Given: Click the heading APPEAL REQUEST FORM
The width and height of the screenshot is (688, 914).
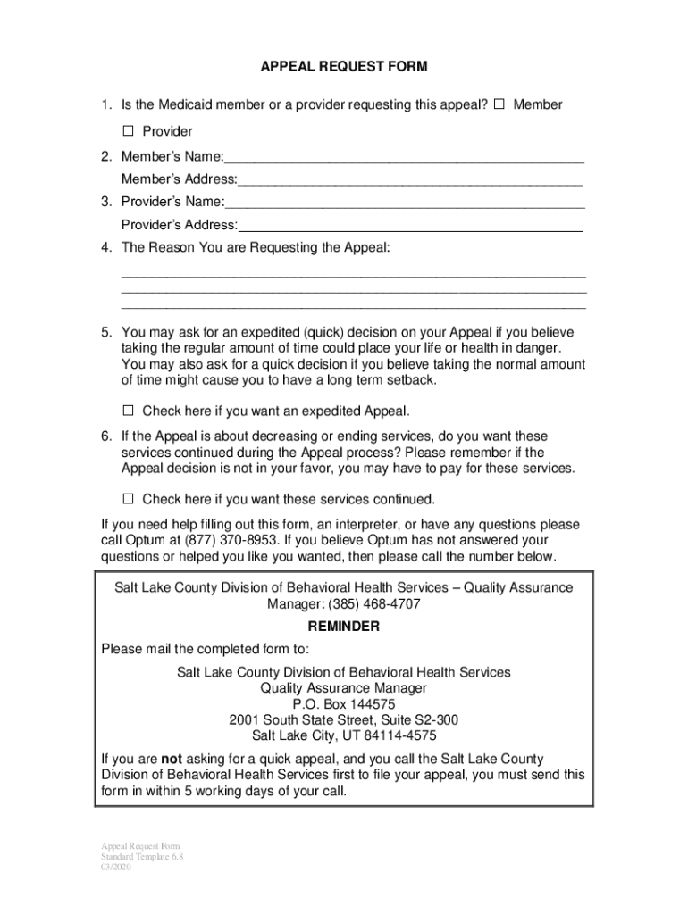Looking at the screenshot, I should [x=344, y=67].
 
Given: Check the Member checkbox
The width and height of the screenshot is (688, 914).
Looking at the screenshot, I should [x=499, y=104].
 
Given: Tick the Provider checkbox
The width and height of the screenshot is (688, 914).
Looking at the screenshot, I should [x=128, y=131].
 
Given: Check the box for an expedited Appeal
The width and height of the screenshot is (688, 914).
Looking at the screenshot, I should [x=128, y=411].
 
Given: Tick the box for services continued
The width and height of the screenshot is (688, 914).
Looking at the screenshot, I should [x=128, y=498].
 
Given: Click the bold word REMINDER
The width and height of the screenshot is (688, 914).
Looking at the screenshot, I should [x=344, y=627].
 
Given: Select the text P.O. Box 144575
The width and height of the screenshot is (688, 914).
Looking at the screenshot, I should [x=344, y=704].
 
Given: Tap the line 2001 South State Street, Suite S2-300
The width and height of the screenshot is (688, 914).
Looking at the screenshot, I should [x=344, y=720].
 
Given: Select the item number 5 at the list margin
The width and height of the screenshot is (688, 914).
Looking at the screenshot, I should [x=105, y=332].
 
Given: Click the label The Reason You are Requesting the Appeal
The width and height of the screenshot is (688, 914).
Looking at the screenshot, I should [x=256, y=246].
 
